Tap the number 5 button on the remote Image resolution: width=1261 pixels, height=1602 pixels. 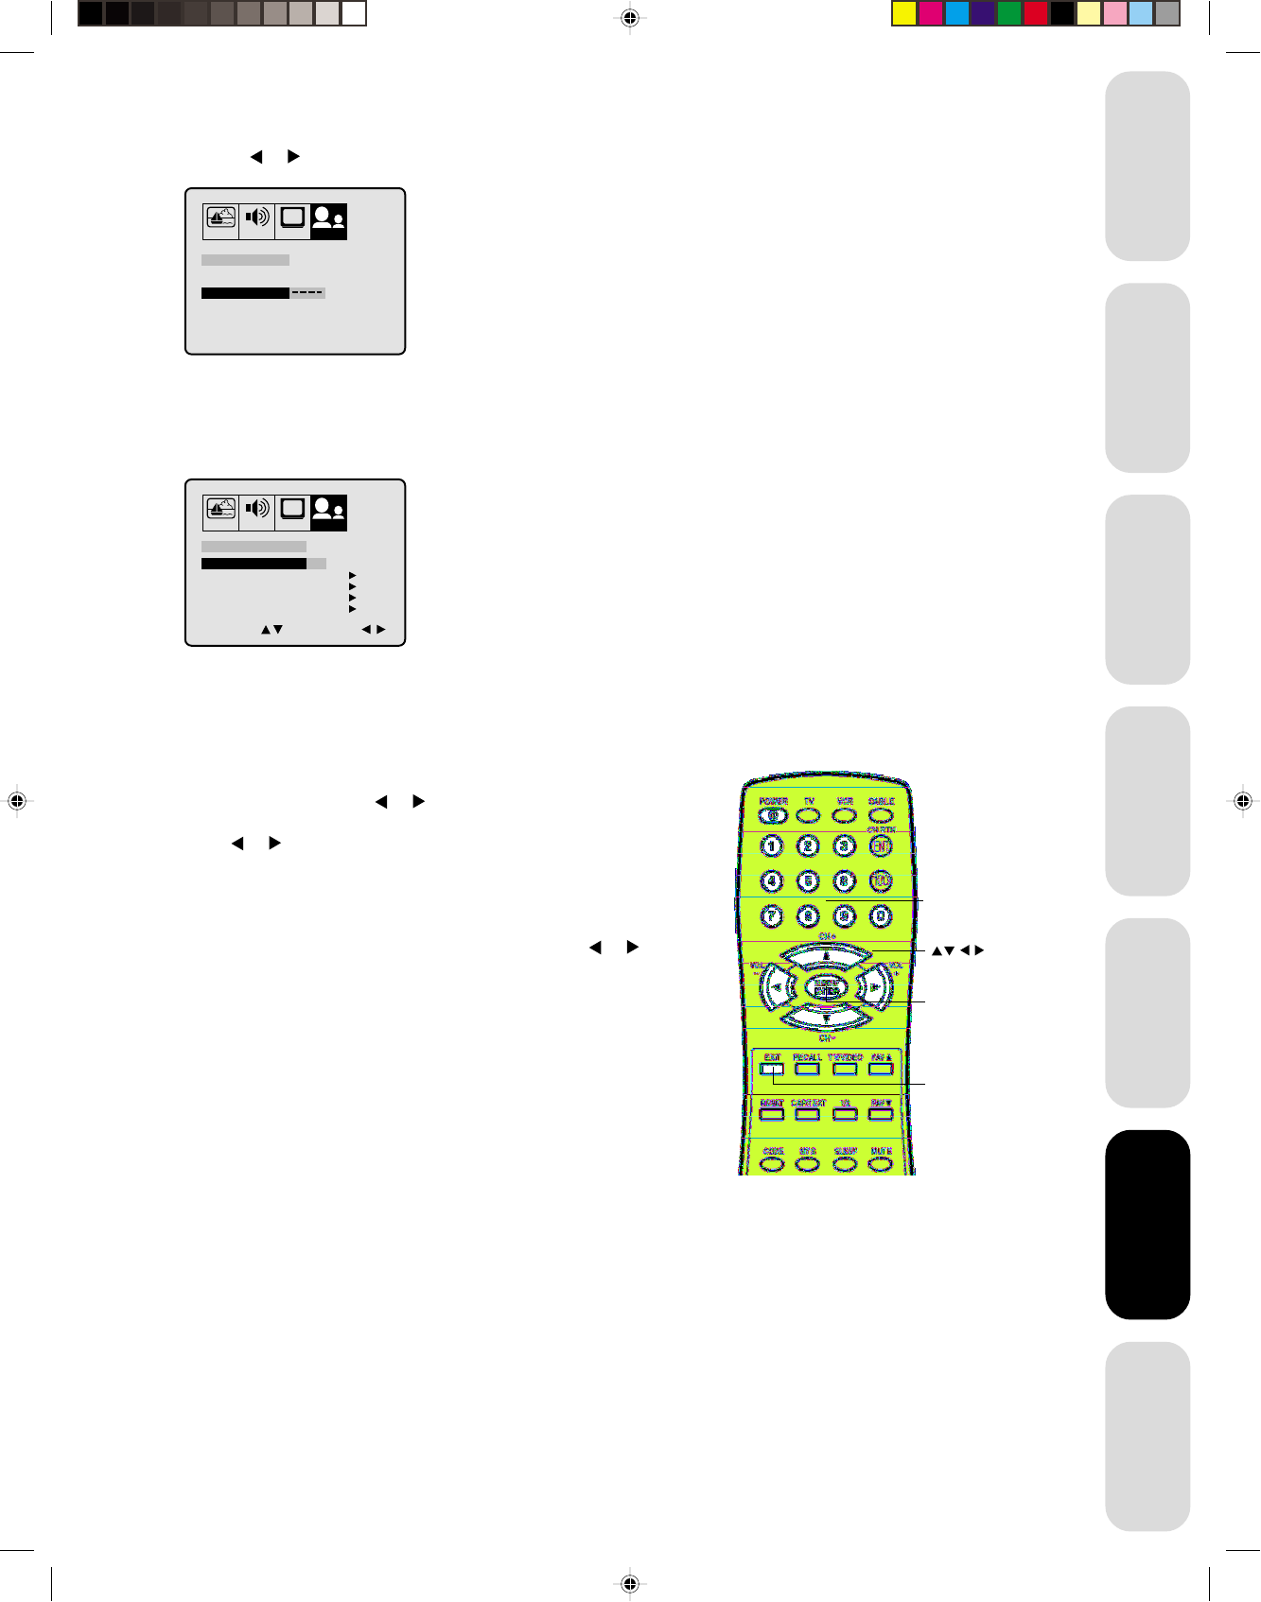click(x=808, y=881)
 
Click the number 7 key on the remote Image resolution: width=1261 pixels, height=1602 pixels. click(x=772, y=915)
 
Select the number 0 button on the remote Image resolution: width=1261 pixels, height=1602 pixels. click(x=881, y=915)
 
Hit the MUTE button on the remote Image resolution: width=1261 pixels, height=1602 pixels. click(x=881, y=1163)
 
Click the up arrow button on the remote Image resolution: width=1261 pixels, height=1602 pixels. click(x=826, y=956)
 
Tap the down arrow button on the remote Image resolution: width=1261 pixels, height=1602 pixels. click(x=826, y=1019)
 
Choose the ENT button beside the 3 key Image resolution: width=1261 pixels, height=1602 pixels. click(x=881, y=846)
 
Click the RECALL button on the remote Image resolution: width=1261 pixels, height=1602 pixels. click(x=807, y=1069)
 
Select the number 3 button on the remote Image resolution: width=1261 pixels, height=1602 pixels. click(x=845, y=846)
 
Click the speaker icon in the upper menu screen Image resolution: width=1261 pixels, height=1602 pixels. click(x=256, y=218)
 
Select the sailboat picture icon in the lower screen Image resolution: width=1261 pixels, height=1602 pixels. click(x=220, y=510)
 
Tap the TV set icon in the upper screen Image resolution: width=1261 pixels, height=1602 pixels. click(x=292, y=218)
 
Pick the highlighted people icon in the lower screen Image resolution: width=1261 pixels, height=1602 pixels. click(x=328, y=511)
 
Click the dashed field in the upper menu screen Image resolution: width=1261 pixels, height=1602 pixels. click(x=307, y=293)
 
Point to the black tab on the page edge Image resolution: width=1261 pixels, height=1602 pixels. click(x=1147, y=1224)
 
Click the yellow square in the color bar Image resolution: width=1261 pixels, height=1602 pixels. click(x=904, y=13)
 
